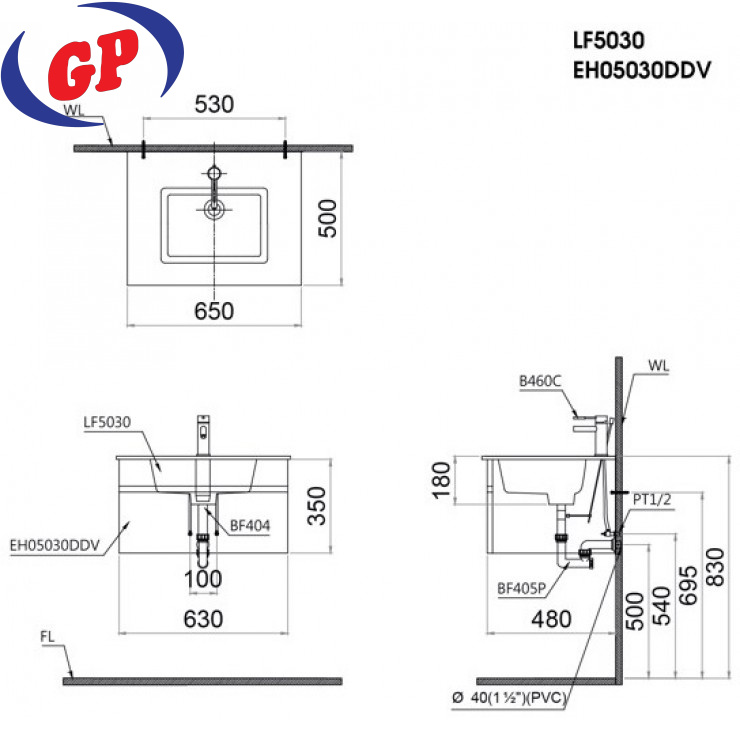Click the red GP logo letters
[93, 64]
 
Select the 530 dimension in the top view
[214, 104]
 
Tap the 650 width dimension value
[214, 311]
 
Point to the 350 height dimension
[317, 505]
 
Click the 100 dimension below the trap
[203, 579]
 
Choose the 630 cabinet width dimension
[203, 619]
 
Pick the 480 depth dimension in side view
[551, 619]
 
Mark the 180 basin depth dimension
[442, 480]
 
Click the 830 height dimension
[715, 567]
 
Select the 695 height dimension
[688, 585]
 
